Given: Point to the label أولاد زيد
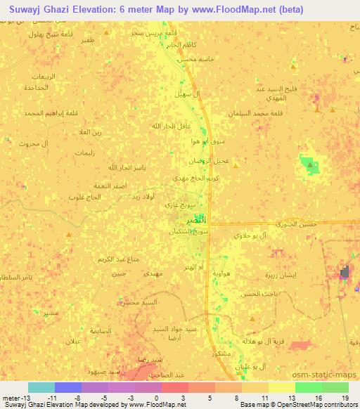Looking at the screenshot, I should point(144,198).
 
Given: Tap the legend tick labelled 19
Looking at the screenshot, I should point(345,398).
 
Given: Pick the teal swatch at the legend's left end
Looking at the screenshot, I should point(41,387).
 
